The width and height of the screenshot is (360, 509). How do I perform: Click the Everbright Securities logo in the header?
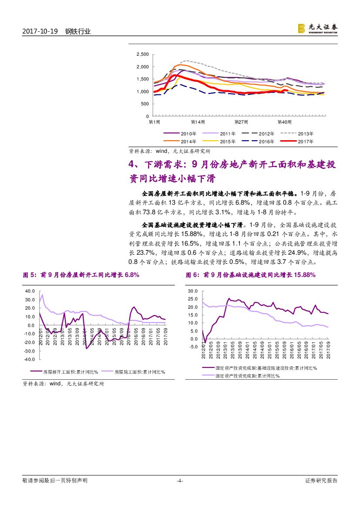317,28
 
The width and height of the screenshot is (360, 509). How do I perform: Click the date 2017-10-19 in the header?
40,31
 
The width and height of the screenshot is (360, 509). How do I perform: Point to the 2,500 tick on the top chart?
142,54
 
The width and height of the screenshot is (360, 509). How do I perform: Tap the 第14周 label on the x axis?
198,122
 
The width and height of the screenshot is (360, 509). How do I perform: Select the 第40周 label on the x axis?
284,122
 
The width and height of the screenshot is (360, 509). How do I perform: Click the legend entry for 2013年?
304,134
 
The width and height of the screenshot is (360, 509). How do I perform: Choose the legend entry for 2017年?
304,141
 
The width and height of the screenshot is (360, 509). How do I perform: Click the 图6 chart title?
250,275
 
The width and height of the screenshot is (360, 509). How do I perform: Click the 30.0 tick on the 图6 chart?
193,291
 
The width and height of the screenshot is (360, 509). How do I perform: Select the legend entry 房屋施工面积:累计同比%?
140,372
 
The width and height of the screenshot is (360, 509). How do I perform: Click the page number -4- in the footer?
179,481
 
